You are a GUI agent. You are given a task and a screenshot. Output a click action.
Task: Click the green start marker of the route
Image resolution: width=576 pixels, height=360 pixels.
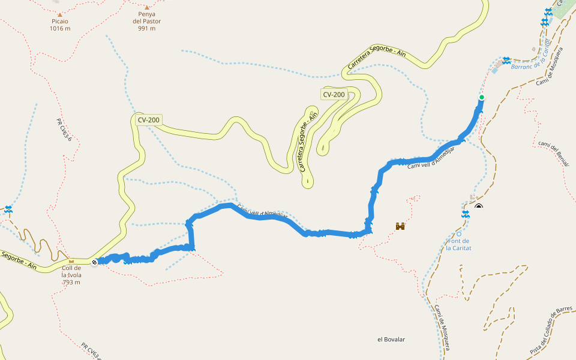pyautogui.click(x=481, y=97)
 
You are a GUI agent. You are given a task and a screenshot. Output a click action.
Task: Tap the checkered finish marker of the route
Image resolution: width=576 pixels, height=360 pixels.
pyautogui.click(x=95, y=262)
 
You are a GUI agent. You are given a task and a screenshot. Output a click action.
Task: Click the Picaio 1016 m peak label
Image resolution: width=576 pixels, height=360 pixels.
pyautogui.click(x=60, y=25)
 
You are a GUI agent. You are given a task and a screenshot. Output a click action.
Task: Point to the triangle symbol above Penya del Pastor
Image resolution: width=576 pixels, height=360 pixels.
pyautogui.click(x=147, y=8)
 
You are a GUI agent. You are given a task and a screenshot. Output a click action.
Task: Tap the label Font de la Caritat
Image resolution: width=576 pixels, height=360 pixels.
pyautogui.click(x=459, y=244)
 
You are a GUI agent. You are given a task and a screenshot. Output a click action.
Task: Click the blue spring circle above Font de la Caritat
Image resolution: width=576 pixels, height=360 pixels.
pyautogui.click(x=459, y=234)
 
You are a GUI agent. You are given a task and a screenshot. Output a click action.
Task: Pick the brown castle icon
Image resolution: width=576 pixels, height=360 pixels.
pyautogui.click(x=400, y=226)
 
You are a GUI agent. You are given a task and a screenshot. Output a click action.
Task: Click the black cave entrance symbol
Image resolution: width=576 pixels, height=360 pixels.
pyautogui.click(x=479, y=207)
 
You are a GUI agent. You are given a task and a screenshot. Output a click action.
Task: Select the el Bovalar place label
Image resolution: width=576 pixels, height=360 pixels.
pyautogui.click(x=391, y=340)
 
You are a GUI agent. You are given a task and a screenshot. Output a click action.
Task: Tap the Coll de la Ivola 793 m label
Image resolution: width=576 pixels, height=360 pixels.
pyautogui.click(x=71, y=275)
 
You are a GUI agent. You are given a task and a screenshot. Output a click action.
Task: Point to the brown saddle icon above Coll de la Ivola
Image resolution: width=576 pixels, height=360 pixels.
pyautogui.click(x=71, y=262)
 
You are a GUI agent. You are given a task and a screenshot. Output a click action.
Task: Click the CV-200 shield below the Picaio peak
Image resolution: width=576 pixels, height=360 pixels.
pyautogui.click(x=148, y=120)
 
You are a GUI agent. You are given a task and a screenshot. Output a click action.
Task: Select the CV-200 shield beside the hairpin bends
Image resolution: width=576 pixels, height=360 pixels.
pyautogui.click(x=334, y=94)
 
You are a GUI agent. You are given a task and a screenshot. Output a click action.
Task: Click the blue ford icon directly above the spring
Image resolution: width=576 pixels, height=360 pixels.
pyautogui.click(x=466, y=214)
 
